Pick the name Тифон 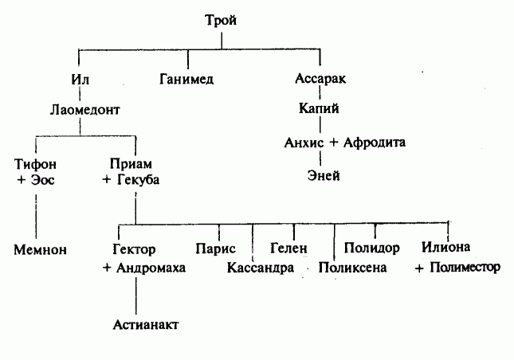(35, 163)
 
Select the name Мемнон (38, 249)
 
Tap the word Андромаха (151, 268)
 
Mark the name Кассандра (261, 268)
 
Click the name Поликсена (352, 268)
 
